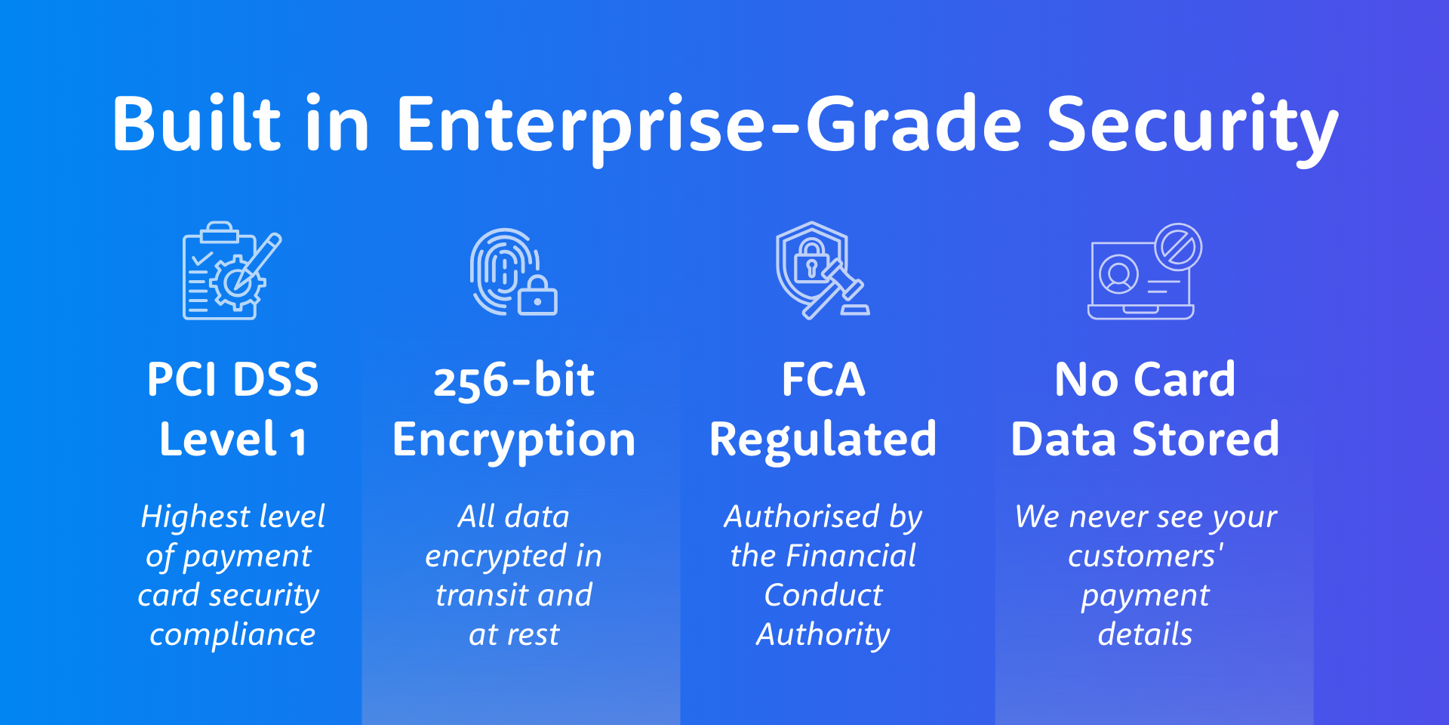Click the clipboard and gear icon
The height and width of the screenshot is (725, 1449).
(x=232, y=270)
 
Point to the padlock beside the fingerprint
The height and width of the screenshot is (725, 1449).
(x=537, y=295)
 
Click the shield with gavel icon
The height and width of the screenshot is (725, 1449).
(x=823, y=270)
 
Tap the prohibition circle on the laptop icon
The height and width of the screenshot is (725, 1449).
(x=1178, y=246)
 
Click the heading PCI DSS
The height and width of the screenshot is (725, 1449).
(x=232, y=379)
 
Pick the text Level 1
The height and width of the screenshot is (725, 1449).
(x=232, y=439)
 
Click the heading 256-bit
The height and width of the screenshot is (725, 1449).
(x=514, y=379)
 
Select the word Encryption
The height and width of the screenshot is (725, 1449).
(x=514, y=441)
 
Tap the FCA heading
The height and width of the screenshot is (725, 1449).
(x=823, y=379)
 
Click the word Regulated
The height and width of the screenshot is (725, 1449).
(x=823, y=441)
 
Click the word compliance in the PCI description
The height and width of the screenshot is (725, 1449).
(x=232, y=635)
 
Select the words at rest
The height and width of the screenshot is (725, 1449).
(x=514, y=635)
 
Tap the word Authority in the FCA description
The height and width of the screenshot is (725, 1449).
(x=823, y=635)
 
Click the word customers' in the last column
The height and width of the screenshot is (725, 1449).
(x=1146, y=556)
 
